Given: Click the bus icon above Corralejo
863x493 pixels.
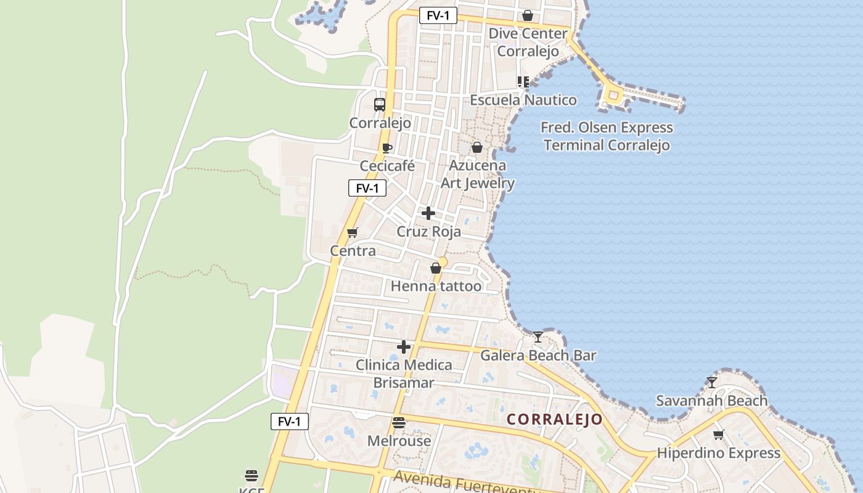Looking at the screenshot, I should coord(380,105).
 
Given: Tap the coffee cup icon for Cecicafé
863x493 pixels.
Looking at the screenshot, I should coord(387,148).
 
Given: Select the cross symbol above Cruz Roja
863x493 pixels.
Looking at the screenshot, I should coord(428,213).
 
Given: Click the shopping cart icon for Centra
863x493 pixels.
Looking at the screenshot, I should coord(353,232).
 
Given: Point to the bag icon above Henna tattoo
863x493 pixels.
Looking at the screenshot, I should coord(436,268).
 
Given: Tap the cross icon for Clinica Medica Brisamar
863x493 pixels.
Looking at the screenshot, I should coord(404,347).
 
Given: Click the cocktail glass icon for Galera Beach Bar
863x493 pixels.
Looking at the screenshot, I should coord(538,336).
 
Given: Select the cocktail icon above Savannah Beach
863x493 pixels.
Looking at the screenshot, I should coord(712,382).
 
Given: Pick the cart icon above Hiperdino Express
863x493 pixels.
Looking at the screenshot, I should coord(719,434).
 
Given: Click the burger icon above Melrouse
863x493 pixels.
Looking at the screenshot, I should coord(399,423).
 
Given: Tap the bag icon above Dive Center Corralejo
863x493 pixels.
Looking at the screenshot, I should coord(528,15).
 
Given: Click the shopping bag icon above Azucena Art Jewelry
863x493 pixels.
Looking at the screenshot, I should coord(477,147).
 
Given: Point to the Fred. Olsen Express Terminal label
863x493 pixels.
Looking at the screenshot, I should coord(607,136).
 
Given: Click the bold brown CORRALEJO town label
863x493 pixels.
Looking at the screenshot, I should coord(555,420).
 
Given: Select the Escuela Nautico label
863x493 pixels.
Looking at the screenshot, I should coord(523,100).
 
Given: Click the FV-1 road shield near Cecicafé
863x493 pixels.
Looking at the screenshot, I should coord(367,188).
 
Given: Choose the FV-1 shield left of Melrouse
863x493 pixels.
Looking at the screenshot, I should coord(290,422).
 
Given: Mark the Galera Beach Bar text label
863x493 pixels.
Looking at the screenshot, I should coord(538,356).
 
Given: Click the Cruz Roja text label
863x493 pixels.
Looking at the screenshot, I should coord(428,232).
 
